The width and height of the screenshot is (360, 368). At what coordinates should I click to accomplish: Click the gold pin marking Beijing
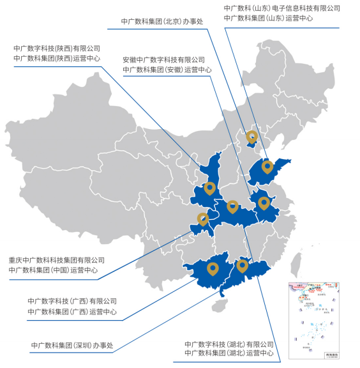coord(252,137)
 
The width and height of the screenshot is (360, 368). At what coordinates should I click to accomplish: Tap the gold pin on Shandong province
coord(267,167)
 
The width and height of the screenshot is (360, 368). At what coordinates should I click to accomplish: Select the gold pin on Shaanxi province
coord(209,188)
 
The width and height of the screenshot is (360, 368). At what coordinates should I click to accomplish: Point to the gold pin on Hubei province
coord(232,206)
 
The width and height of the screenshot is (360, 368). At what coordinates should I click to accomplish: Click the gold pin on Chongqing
coord(202,219)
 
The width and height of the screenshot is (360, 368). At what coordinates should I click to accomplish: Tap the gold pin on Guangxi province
coord(213,269)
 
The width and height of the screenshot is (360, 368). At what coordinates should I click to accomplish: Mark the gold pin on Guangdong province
coord(242,264)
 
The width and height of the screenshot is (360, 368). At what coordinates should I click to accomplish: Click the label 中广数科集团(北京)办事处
coord(162,21)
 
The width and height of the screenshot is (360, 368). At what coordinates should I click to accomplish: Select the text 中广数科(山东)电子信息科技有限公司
coord(282,8)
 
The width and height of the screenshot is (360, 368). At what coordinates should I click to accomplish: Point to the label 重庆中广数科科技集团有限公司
coord(57,261)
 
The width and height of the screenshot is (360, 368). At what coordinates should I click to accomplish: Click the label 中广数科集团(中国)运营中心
coord(54,270)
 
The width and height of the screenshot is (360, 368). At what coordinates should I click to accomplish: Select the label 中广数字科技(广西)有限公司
coord(72,301)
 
